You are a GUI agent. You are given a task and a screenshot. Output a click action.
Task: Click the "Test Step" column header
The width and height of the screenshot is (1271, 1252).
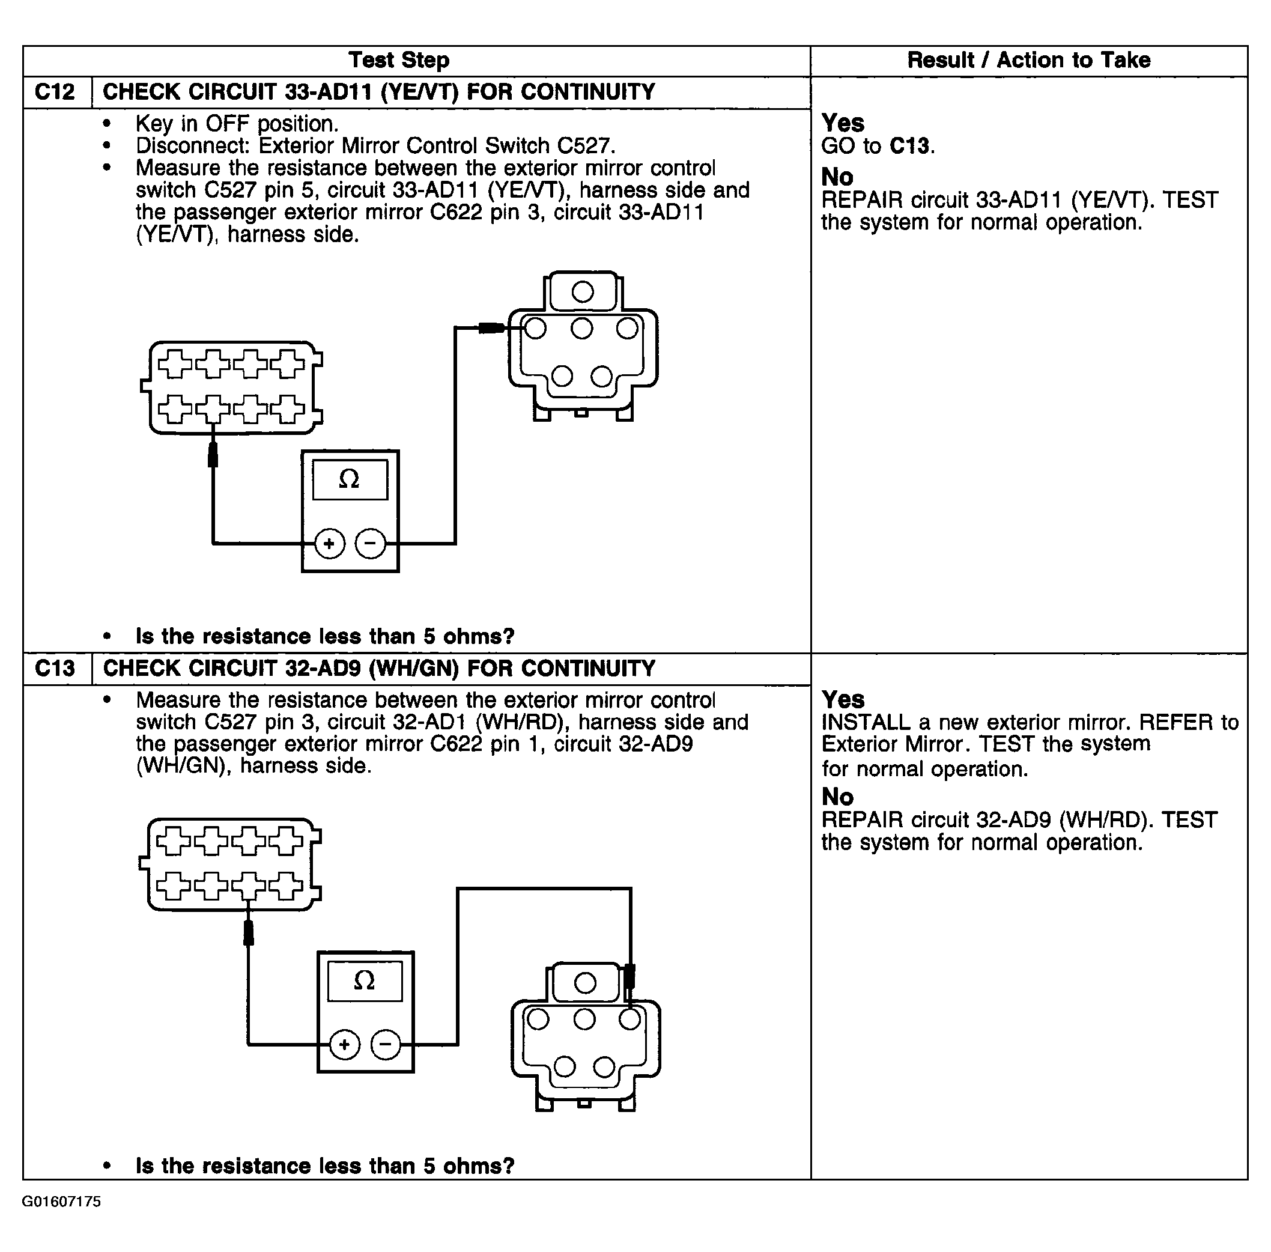(398, 61)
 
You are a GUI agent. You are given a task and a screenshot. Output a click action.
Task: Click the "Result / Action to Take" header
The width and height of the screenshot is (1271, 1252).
(1028, 61)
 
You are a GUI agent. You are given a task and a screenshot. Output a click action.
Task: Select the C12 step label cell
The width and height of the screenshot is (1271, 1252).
(55, 92)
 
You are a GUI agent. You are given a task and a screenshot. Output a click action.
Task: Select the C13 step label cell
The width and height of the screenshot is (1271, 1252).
(55, 669)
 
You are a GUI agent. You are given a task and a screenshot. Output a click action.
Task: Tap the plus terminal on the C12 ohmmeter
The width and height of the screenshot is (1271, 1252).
(329, 544)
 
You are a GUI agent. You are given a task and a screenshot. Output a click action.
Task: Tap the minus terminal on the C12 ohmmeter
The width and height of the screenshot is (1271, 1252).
(370, 544)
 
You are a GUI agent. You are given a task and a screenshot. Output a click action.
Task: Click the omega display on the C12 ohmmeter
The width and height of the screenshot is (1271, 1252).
(349, 479)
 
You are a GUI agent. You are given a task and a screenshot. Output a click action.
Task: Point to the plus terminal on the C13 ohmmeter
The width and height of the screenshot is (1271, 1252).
(345, 1044)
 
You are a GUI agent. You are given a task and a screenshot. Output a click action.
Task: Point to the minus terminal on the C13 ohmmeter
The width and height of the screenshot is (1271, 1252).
(386, 1044)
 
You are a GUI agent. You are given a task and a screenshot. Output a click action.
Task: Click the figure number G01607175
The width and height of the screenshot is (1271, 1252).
(62, 1202)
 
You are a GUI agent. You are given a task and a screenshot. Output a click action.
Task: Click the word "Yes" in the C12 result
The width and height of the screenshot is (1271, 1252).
(843, 123)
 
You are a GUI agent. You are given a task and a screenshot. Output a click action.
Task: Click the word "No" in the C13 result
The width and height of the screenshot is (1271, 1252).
(837, 797)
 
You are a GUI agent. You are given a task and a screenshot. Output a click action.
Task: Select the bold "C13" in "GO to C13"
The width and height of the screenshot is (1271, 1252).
(910, 146)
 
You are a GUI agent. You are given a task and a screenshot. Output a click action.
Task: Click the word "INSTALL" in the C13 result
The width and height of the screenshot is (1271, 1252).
(866, 723)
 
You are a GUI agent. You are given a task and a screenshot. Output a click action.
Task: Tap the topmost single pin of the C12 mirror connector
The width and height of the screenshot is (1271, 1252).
(583, 292)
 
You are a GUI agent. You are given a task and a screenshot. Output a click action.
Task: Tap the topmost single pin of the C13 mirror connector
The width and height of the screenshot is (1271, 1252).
(584, 983)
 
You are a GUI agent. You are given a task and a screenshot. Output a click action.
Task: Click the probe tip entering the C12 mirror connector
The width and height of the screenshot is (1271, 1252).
(491, 327)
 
